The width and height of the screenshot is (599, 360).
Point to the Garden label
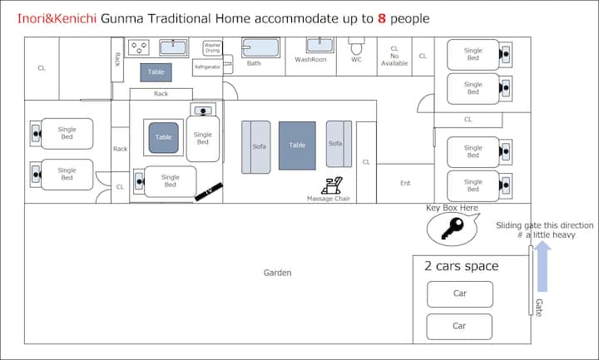277,273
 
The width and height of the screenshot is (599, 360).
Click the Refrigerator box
207,66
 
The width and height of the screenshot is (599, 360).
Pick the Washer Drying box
212,47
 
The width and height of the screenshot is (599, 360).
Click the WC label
356,60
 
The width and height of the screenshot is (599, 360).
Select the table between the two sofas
297,145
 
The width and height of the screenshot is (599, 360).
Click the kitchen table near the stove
156,72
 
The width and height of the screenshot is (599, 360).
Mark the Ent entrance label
405,183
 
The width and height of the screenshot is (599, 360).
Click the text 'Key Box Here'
452,208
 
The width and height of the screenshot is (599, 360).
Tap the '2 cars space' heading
462,267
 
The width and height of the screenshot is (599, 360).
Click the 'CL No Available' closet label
394,56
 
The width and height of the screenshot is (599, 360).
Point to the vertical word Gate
538,307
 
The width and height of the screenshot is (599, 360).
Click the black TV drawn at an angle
209,191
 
